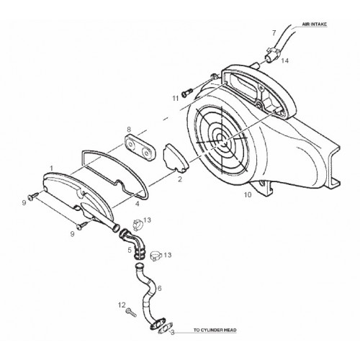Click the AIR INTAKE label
click(314, 24)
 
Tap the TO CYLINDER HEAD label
click(215, 330)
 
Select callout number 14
click(284, 60)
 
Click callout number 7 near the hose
click(274, 33)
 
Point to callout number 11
click(176, 99)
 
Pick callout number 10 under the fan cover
click(248, 194)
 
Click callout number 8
click(129, 130)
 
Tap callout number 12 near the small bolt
click(122, 305)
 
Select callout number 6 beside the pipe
click(159, 288)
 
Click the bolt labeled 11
click(187, 93)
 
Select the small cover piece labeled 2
click(175, 158)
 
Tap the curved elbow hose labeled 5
click(132, 243)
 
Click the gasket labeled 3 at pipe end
click(166, 328)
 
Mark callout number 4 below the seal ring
click(138, 204)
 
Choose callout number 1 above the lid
click(51, 168)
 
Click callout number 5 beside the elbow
click(130, 250)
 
